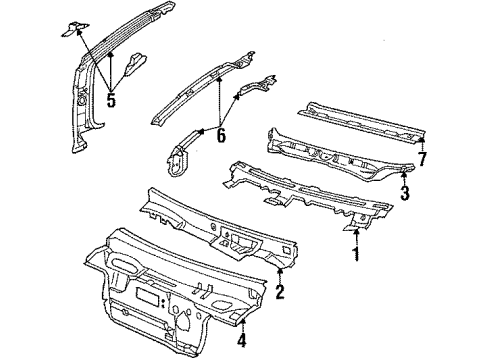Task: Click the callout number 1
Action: [x=353, y=255]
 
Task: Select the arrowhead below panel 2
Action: [x=282, y=270]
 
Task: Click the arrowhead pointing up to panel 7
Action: [x=421, y=141]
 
